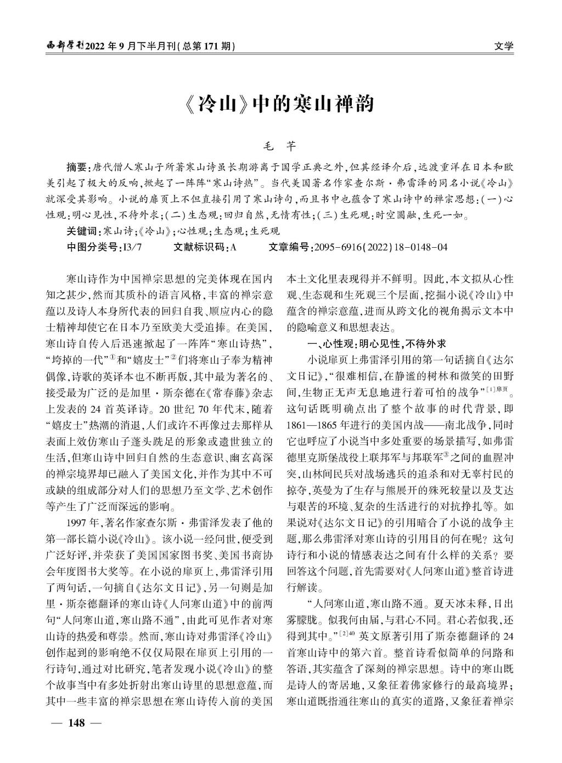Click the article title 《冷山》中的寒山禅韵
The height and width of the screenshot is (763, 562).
[280, 103]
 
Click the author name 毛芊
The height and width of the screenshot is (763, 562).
[280, 147]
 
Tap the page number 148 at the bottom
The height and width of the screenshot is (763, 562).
[76, 722]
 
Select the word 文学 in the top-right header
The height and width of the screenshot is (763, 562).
[503, 46]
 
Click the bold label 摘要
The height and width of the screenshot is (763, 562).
[76, 167]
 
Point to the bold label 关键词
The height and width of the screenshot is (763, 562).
[83, 231]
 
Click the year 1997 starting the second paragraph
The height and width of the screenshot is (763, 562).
[76, 521]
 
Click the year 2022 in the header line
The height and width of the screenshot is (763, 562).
[98, 46]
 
